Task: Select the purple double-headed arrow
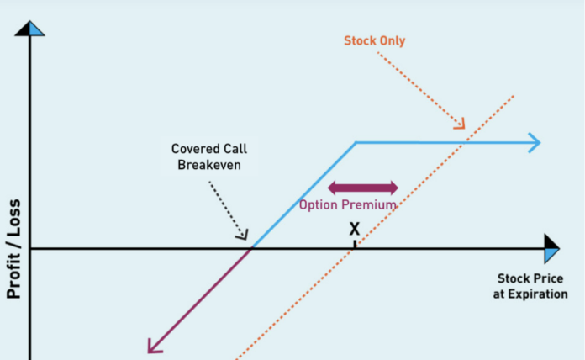[x=362, y=187]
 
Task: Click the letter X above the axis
[x=355, y=228]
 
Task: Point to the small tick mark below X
[x=355, y=244]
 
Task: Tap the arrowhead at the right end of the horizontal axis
[x=552, y=250]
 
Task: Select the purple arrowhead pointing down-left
[x=154, y=344]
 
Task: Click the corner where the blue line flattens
[x=356, y=142]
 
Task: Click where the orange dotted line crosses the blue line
[x=461, y=142]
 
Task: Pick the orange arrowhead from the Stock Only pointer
[x=460, y=125]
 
